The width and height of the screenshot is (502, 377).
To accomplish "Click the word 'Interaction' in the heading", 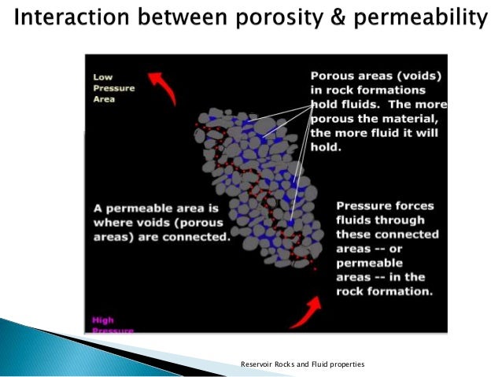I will click(67, 17).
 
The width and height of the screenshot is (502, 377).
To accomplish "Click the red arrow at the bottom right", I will click(307, 312).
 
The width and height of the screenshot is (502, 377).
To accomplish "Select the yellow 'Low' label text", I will click(102, 77).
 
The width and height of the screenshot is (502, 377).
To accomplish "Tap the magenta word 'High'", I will click(103, 320).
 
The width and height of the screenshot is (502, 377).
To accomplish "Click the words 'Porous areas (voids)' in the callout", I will click(376, 76).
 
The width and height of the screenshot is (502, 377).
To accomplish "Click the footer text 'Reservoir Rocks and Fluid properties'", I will click(302, 364).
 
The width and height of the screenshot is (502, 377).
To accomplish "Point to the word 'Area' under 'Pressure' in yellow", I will click(104, 100).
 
